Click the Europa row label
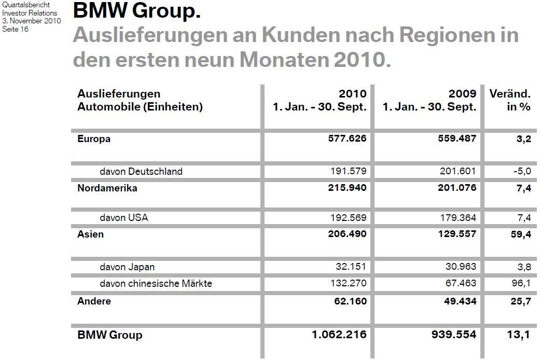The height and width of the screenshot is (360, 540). tap(94, 139)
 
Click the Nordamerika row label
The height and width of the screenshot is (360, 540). tap(107, 188)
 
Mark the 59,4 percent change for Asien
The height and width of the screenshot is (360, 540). tap(520, 234)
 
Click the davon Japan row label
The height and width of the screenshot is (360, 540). tap(127, 267)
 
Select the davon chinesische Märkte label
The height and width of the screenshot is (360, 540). tap(156, 284)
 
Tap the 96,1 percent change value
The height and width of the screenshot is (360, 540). tap(521, 284)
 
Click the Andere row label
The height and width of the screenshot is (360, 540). tap(94, 301)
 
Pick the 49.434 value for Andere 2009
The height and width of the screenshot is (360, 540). tap(458, 301)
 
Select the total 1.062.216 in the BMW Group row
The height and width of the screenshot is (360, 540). tap(339, 335)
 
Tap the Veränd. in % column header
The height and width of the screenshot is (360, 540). tap(510, 101)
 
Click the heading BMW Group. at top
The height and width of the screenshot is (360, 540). tap(137, 10)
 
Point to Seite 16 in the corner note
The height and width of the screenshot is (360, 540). tap(16, 29)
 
